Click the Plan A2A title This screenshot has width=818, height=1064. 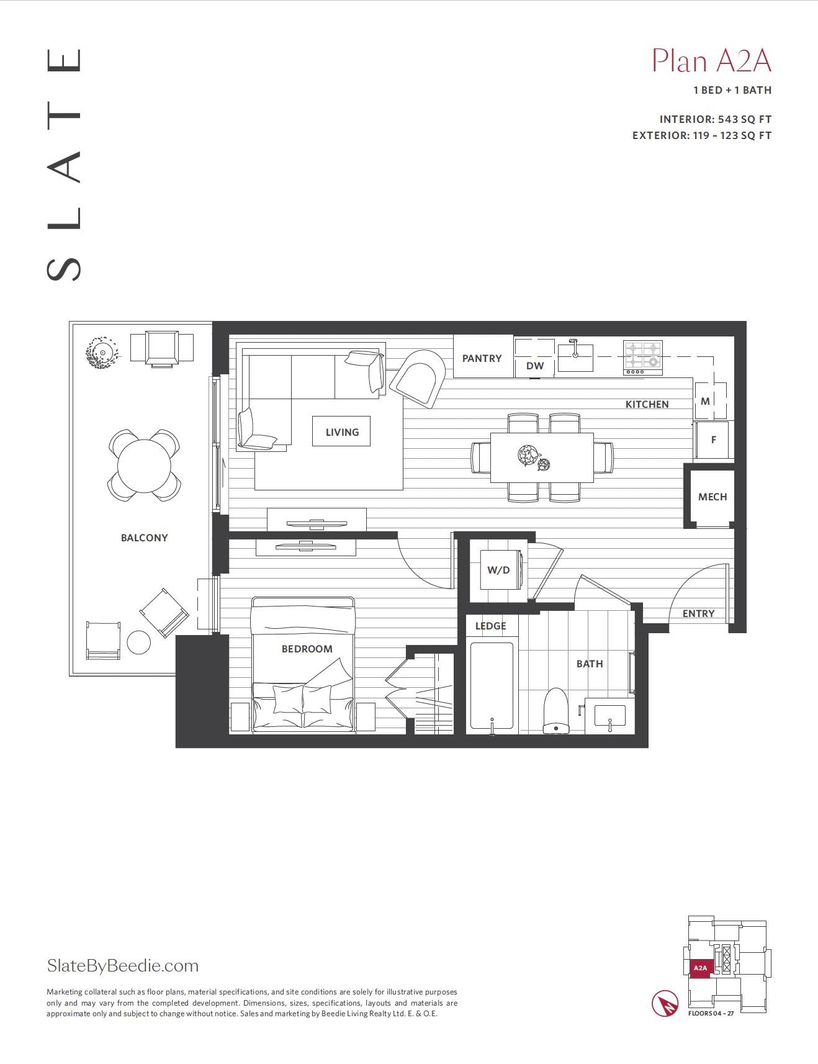coord(711,61)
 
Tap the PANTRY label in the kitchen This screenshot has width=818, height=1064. coord(482,358)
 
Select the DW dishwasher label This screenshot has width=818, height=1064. coord(535,366)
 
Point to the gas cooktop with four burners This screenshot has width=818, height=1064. coord(643,358)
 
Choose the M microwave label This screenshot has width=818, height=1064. coord(705,401)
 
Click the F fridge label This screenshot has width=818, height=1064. coord(714,440)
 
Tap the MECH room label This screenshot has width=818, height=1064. coord(712,497)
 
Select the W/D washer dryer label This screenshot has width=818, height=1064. coord(498,570)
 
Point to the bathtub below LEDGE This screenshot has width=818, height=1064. coord(492,686)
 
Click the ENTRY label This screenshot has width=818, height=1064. coord(699,613)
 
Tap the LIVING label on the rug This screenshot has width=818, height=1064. coord(342,432)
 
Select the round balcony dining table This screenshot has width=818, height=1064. coord(145,466)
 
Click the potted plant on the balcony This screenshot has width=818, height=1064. coord(101,353)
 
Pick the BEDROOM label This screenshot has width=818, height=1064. coord(307,649)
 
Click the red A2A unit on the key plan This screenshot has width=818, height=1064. coord(700,968)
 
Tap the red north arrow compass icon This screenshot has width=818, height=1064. coord(665,1004)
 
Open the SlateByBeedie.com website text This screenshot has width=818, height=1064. coord(123,966)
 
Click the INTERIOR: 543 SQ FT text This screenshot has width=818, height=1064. coord(716,119)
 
